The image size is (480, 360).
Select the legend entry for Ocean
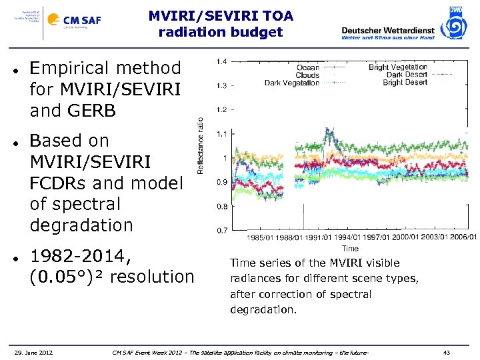(x=307, y=67)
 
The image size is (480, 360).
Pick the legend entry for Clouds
(x=307, y=75)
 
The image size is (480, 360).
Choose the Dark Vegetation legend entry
(x=292, y=83)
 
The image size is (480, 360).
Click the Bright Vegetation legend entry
(x=397, y=67)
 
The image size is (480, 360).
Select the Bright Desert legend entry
(x=405, y=83)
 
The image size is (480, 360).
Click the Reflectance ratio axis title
(x=200, y=146)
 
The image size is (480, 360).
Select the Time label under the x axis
(x=350, y=248)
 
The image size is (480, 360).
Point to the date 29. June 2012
(x=34, y=352)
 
